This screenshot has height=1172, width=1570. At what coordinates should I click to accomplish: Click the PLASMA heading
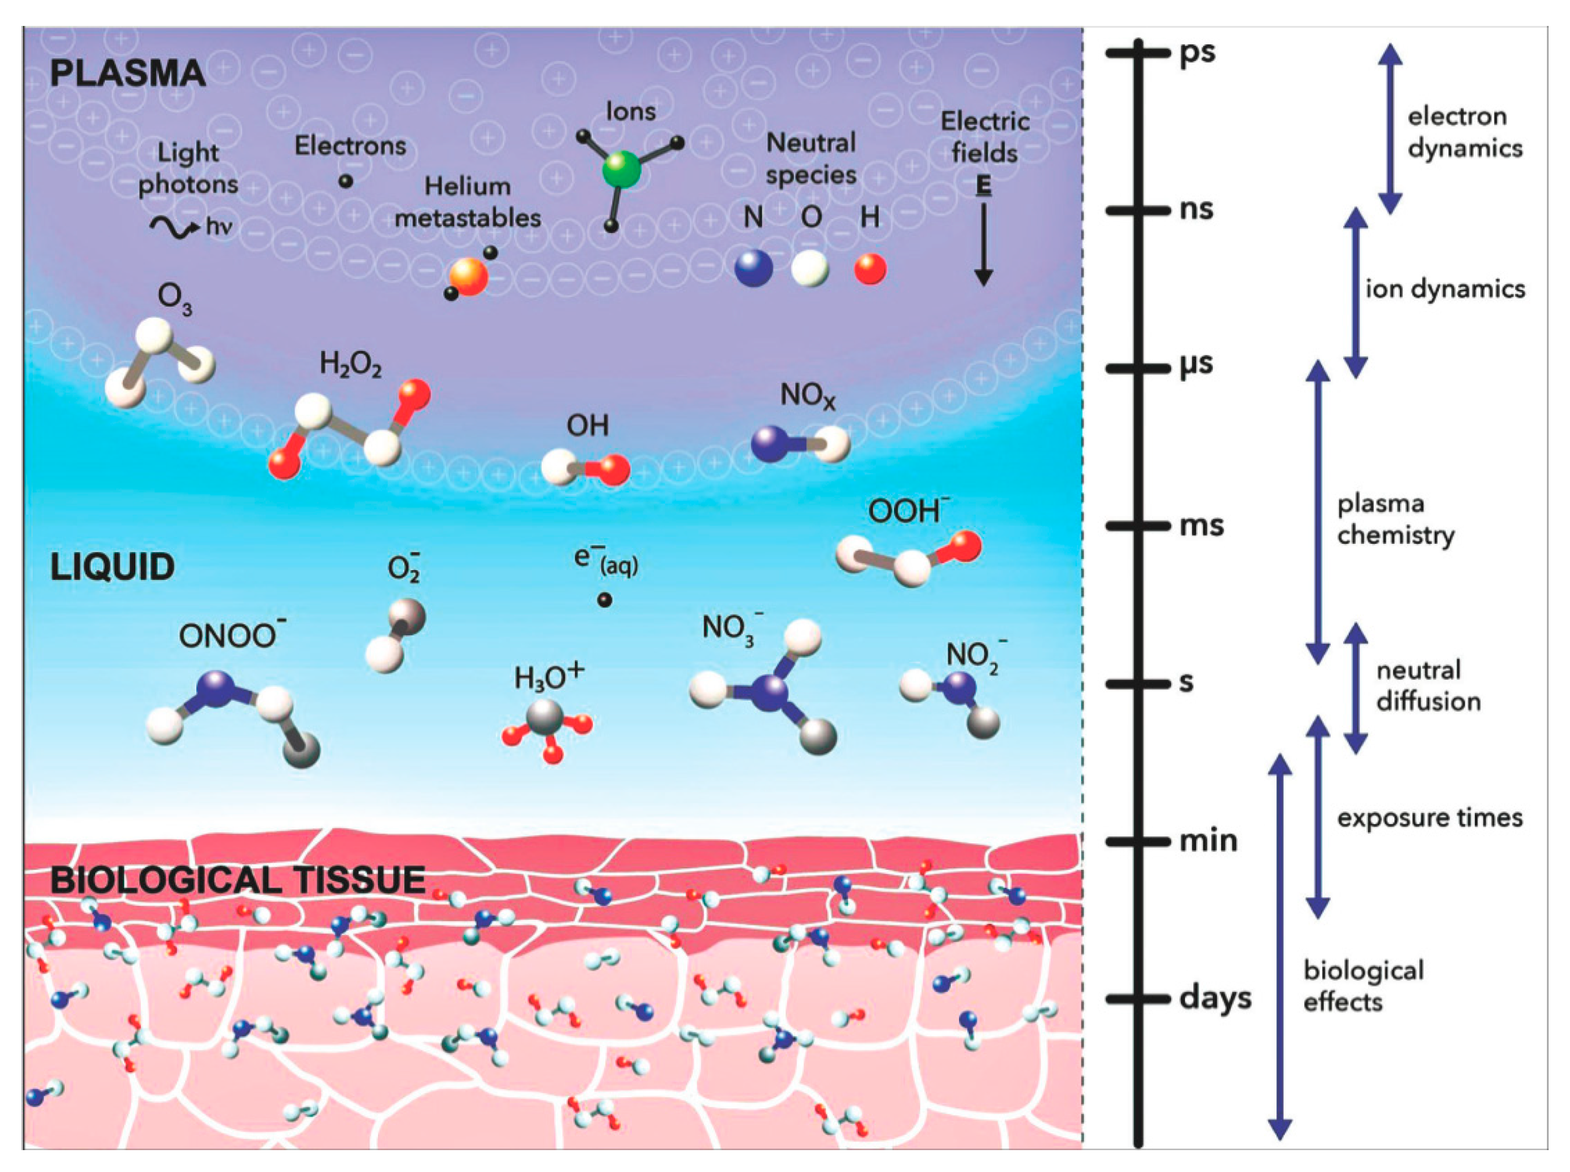[x=128, y=74]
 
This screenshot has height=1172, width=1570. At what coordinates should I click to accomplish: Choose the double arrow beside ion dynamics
[x=1356, y=292]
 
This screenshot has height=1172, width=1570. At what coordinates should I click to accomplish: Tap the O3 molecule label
[x=175, y=299]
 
